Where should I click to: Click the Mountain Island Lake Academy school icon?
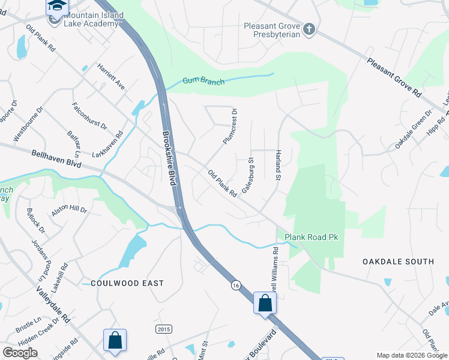tap(56, 7)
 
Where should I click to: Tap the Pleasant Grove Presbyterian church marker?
tap(309, 29)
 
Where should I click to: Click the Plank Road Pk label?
tap(312, 238)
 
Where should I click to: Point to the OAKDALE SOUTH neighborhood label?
tap(398, 262)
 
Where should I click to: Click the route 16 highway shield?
tap(237, 287)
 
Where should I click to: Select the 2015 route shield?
tap(163, 329)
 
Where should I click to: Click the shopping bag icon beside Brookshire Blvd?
tap(264, 303)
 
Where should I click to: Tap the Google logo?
tap(20, 353)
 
